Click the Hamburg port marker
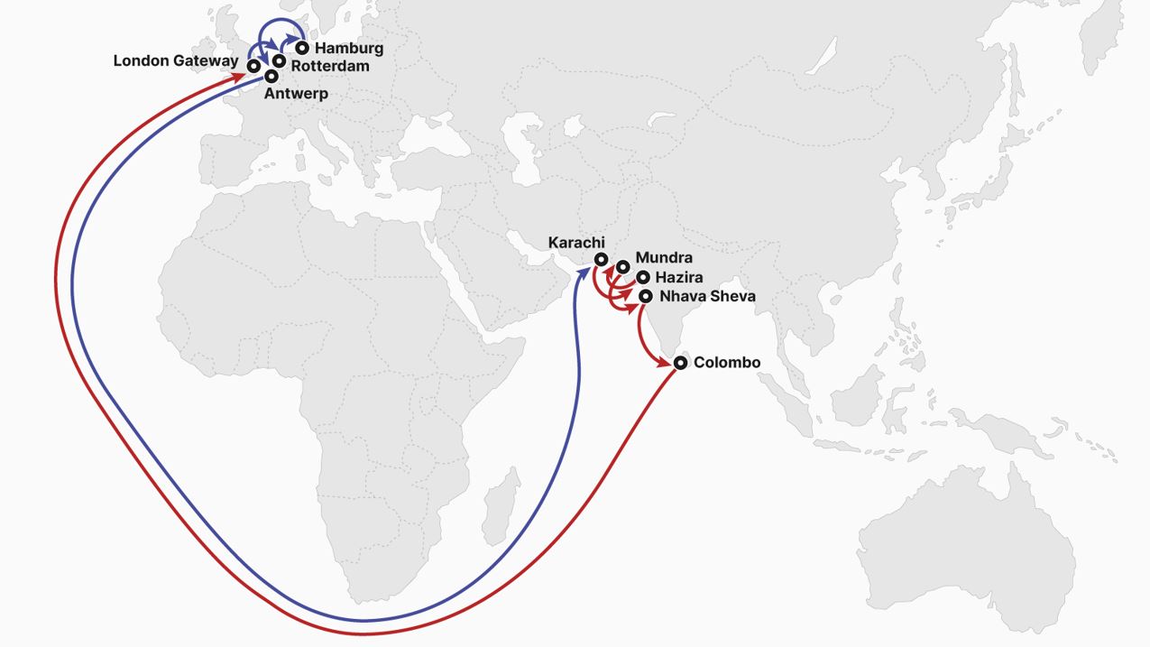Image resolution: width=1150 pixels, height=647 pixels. (301, 48)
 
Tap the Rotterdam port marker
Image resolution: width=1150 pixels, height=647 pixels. (279, 61)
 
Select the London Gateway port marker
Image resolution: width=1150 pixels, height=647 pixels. (256, 66)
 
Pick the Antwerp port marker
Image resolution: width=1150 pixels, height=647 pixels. (271, 77)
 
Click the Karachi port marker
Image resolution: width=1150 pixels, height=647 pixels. (601, 260)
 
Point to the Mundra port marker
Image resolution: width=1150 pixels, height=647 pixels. (622, 267)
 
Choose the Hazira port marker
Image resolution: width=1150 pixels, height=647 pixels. (642, 278)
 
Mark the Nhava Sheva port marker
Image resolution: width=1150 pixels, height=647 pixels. (646, 296)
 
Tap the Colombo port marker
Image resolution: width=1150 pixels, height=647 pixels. (680, 363)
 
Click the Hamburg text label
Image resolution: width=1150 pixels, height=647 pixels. (349, 48)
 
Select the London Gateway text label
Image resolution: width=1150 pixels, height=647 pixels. (176, 61)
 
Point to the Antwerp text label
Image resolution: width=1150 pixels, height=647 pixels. (296, 94)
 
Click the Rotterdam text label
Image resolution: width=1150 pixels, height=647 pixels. (329, 66)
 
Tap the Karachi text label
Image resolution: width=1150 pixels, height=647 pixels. (576, 242)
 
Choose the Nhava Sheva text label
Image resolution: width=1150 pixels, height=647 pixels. (707, 296)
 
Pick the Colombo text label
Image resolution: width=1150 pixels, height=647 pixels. (727, 363)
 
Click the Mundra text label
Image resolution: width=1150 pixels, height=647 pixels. (664, 258)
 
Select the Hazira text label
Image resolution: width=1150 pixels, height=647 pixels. (679, 278)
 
